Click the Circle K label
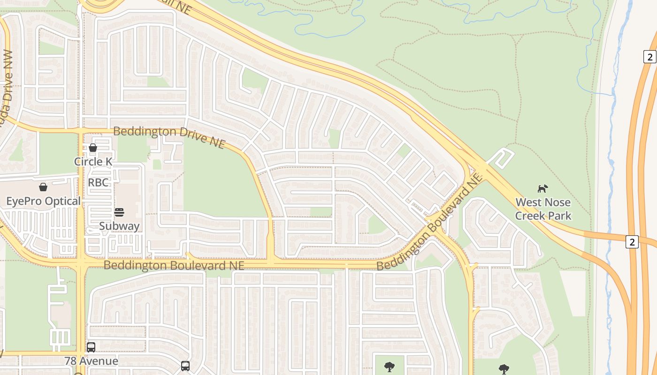tap(93, 162)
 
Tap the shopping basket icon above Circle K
tap(93, 148)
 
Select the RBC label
tap(98, 182)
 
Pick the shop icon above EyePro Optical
tap(43, 187)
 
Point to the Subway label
tap(119, 226)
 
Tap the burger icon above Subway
tap(119, 212)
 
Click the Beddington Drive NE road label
tap(169, 136)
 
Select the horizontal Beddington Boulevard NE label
tap(174, 265)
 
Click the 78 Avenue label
tap(92, 361)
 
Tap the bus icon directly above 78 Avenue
tap(91, 347)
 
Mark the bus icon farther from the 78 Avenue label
tap(185, 366)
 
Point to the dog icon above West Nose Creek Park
tap(543, 188)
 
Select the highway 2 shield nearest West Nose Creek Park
tap(632, 242)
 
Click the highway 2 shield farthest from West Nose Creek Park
tap(649, 57)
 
